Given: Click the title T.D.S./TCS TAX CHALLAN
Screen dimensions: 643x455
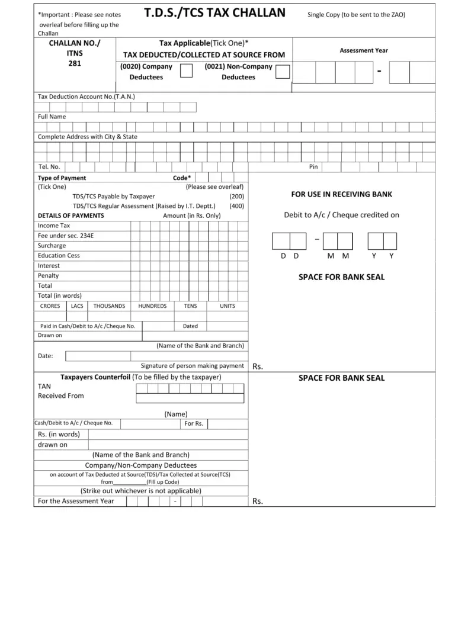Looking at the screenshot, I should pyautogui.click(x=214, y=13).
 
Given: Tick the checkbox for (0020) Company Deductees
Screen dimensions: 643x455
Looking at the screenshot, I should pyautogui.click(x=186, y=72).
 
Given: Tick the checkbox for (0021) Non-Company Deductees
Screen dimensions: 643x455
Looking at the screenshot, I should pyautogui.click(x=283, y=72).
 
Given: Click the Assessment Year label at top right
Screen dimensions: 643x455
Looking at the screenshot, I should pyautogui.click(x=364, y=51).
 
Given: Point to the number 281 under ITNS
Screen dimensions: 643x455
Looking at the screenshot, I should pyautogui.click(x=75, y=64).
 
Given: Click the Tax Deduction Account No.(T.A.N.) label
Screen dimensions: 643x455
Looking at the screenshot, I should pyautogui.click(x=86, y=96).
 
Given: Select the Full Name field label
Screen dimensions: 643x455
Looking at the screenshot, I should pyautogui.click(x=52, y=117).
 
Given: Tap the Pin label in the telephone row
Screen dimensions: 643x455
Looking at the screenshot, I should pyautogui.click(x=313, y=167).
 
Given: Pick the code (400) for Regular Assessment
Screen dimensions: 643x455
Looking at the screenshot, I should pyautogui.click(x=236, y=206).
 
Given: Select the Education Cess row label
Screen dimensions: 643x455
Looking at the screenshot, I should pyautogui.click(x=59, y=256).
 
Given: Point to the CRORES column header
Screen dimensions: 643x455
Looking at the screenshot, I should pyautogui.click(x=50, y=306).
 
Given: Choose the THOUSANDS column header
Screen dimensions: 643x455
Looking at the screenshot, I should pyautogui.click(x=109, y=306).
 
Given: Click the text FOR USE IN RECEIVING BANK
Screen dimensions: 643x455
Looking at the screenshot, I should pyautogui.click(x=341, y=194).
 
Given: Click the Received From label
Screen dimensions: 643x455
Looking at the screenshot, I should pyautogui.click(x=61, y=396).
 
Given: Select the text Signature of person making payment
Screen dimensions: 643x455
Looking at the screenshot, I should pyautogui.click(x=192, y=366).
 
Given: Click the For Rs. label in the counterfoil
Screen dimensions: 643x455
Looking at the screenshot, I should pyautogui.click(x=194, y=423).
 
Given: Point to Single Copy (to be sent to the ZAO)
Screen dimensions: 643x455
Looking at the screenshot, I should pyautogui.click(x=356, y=14).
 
